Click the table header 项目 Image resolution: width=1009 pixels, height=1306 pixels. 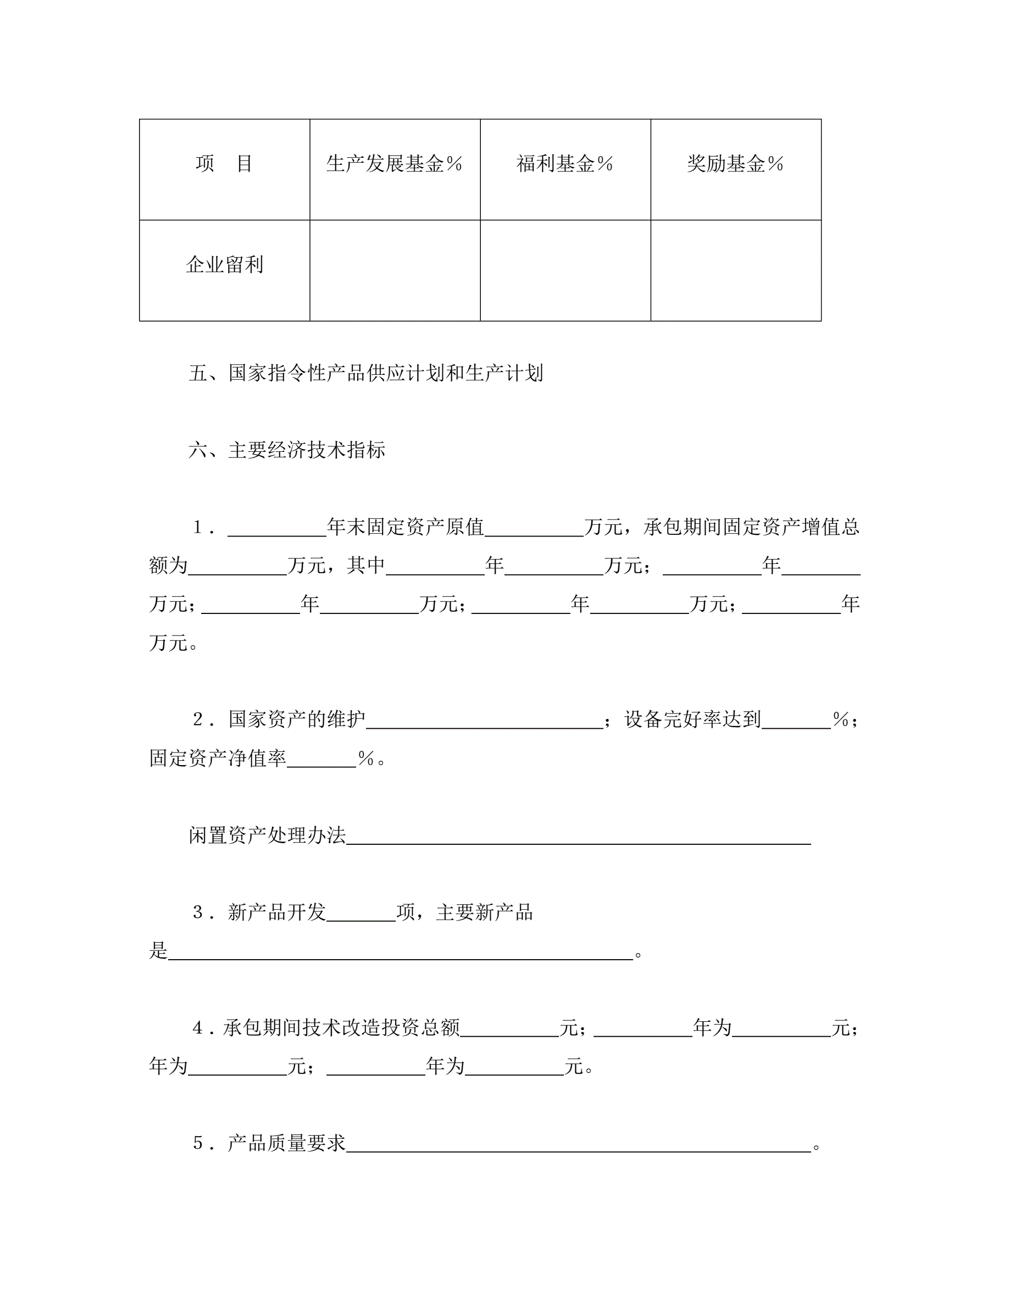pos(224,164)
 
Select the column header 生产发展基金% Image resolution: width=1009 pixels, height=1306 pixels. pos(395,164)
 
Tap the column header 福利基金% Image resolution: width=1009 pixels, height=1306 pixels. pos(565,164)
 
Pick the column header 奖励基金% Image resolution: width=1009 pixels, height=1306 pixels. pos(735,164)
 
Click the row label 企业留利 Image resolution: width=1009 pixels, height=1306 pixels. pos(224,265)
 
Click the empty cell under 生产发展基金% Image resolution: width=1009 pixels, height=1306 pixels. pos(395,270)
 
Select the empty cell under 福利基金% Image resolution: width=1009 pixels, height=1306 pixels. pos(565,270)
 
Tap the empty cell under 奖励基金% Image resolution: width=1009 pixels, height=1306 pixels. pos(735,270)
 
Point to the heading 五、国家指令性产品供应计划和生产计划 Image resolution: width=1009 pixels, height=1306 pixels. pos(366,373)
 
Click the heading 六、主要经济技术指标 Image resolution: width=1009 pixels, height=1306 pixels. pos(287,450)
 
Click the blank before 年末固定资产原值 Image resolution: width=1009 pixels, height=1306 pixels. pos(277,530)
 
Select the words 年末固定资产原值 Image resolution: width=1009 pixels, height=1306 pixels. pos(405,527)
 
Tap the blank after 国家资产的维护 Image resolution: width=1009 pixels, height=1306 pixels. pos(484,722)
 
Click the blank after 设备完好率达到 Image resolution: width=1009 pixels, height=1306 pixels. pos(796,722)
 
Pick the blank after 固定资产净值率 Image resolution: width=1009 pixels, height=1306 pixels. pos(321,761)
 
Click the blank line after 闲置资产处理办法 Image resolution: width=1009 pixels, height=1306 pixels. pos(578,838)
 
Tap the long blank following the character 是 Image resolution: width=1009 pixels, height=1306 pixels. pos(401,953)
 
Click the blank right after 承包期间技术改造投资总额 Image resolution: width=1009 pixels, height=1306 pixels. pos(509,1030)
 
